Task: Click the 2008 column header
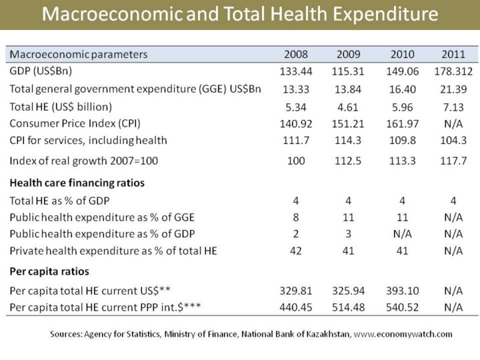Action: (x=296, y=54)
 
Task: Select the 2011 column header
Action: (x=453, y=54)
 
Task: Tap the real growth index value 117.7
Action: (x=453, y=161)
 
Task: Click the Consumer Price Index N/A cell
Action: (x=453, y=123)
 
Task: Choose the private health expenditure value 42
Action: (x=296, y=251)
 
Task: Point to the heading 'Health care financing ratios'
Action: (x=77, y=183)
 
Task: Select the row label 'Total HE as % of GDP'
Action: (x=60, y=200)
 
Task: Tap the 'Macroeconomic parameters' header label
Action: (x=79, y=54)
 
